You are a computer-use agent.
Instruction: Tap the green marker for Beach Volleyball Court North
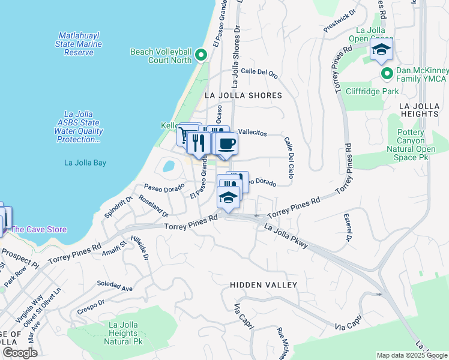[200, 57]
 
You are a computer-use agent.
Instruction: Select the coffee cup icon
[226, 144]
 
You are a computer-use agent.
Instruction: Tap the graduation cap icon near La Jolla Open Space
[381, 50]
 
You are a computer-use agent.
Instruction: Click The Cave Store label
[38, 229]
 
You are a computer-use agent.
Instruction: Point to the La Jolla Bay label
[85, 162]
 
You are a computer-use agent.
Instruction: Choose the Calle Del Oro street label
[259, 74]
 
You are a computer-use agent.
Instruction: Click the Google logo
[19, 353]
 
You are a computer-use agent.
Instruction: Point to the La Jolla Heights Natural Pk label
[123, 333]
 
